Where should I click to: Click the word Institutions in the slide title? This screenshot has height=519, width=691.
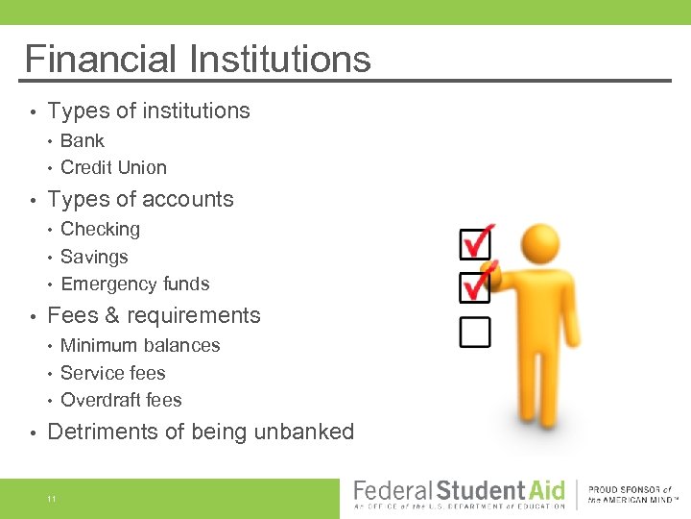(278, 59)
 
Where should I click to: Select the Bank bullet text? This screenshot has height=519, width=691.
(83, 140)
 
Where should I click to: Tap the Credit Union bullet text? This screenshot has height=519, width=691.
(113, 167)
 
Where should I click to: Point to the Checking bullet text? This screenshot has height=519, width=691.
(100, 229)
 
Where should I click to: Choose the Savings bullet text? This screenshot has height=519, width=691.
(94, 257)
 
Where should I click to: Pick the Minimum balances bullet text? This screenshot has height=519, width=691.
(140, 345)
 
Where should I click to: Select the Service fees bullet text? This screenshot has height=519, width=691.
(113, 373)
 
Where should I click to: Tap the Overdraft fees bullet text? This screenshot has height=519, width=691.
(121, 400)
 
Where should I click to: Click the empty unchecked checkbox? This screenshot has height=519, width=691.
(474, 332)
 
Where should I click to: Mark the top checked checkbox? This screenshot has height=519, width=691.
(475, 243)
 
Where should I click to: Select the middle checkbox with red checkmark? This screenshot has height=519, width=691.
(475, 286)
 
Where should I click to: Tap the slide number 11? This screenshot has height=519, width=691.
(52, 499)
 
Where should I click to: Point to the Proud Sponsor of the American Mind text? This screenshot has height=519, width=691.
(634, 495)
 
